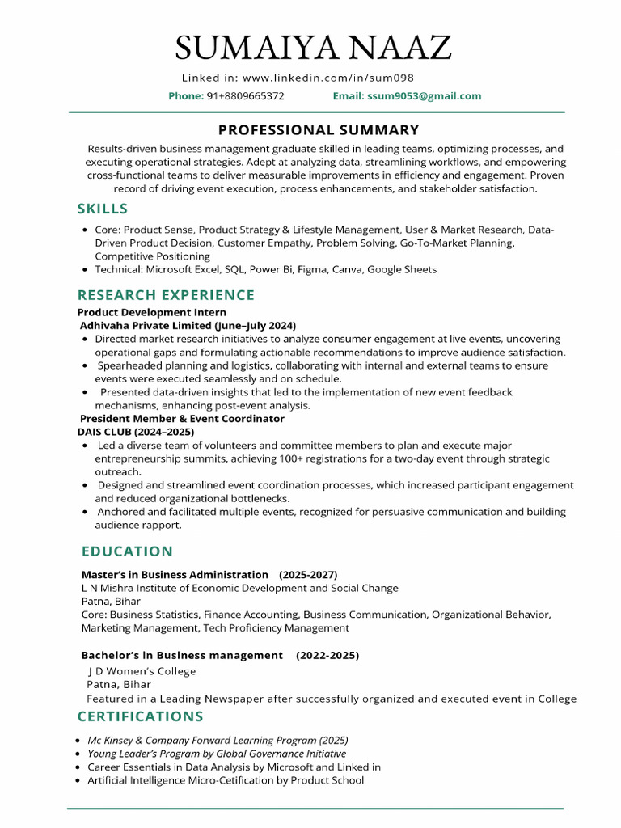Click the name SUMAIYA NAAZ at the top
[313, 49]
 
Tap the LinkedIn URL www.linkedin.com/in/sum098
[327, 78]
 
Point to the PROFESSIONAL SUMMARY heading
[319, 129]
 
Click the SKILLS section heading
[103, 209]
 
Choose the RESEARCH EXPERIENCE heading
[166, 295]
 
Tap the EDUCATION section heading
[127, 551]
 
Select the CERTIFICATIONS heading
[141, 716]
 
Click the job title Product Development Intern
[152, 312]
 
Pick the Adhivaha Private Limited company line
[188, 325]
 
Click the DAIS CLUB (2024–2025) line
[136, 432]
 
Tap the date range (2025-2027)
[308, 574]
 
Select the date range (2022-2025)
[327, 654]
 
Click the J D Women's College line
[142, 671]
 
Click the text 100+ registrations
[345, 458]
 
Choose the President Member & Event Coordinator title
[182, 419]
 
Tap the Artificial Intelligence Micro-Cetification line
[226, 780]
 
